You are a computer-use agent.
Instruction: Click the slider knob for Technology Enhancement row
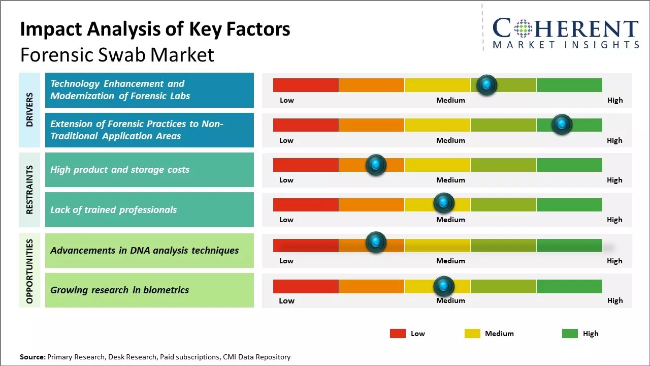[x=487, y=84]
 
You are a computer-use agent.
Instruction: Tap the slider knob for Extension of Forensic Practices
[x=562, y=124]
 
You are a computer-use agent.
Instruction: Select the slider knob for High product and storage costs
[x=376, y=164]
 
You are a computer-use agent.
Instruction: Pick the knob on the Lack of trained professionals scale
[x=443, y=203]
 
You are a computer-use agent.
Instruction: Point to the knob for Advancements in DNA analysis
[x=376, y=242]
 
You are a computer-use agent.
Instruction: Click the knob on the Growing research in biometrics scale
[x=443, y=286]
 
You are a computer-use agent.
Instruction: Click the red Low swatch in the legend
[x=398, y=333]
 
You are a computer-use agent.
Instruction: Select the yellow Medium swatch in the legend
[x=472, y=333]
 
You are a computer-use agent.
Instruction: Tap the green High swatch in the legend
[x=570, y=333]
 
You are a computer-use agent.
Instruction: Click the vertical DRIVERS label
[x=29, y=109]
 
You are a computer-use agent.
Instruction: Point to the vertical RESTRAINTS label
[x=29, y=189]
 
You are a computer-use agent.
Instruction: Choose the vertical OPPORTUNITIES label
[x=29, y=271]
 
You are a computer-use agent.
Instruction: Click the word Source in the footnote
[x=32, y=357]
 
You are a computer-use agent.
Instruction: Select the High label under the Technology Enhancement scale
[x=614, y=100]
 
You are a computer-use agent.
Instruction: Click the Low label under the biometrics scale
[x=286, y=300]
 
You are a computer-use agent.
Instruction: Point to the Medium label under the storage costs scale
[x=450, y=180]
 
